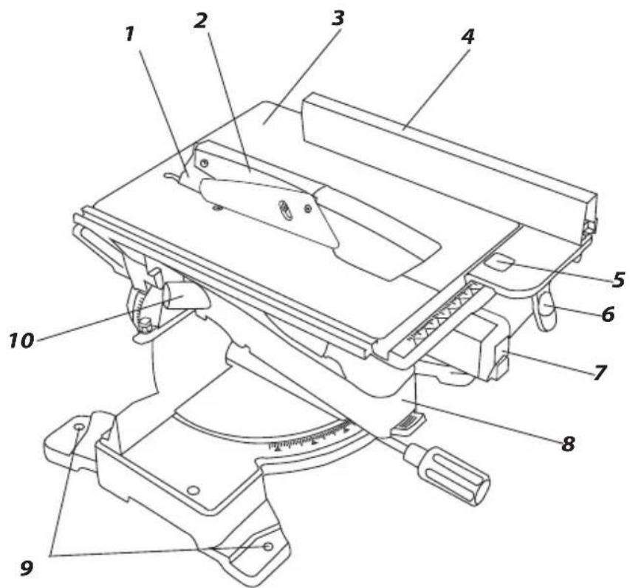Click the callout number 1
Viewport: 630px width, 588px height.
point(129,34)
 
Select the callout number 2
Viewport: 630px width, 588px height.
point(200,20)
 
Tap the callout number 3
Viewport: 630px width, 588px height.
point(338,18)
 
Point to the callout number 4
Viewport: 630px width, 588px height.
point(467,37)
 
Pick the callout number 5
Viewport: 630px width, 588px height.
point(618,279)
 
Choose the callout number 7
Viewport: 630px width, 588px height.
point(599,372)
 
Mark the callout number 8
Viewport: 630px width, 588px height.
point(567,443)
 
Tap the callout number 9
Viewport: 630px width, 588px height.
point(27,568)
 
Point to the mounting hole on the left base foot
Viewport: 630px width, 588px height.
point(78,426)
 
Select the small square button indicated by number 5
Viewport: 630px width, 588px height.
point(499,264)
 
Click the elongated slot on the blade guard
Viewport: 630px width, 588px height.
point(284,210)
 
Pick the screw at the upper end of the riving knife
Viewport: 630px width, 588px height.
point(205,163)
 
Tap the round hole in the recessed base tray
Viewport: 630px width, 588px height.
point(194,490)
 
